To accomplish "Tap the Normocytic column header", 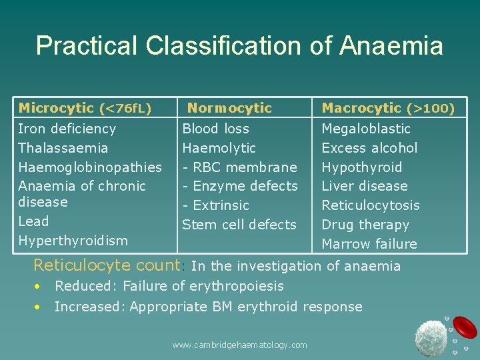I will pyautogui.click(x=229, y=108).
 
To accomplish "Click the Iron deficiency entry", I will pyautogui.click(x=67, y=129).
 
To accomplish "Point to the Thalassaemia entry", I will pyautogui.click(x=63, y=148).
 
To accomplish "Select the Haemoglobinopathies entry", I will pyautogui.click(x=89, y=167).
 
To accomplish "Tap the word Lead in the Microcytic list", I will pyautogui.click(x=33, y=221).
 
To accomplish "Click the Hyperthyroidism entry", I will pyautogui.click(x=73, y=241).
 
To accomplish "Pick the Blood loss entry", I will pyautogui.click(x=215, y=129).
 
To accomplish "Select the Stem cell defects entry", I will pyautogui.click(x=239, y=225).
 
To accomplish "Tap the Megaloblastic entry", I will pyautogui.click(x=366, y=129).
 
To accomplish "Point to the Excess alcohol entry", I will pyautogui.click(x=369, y=148).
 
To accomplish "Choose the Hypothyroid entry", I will pyautogui.click(x=361, y=167).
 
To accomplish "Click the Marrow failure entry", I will pyautogui.click(x=369, y=244).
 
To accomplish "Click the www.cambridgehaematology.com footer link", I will pyautogui.click(x=239, y=345).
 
